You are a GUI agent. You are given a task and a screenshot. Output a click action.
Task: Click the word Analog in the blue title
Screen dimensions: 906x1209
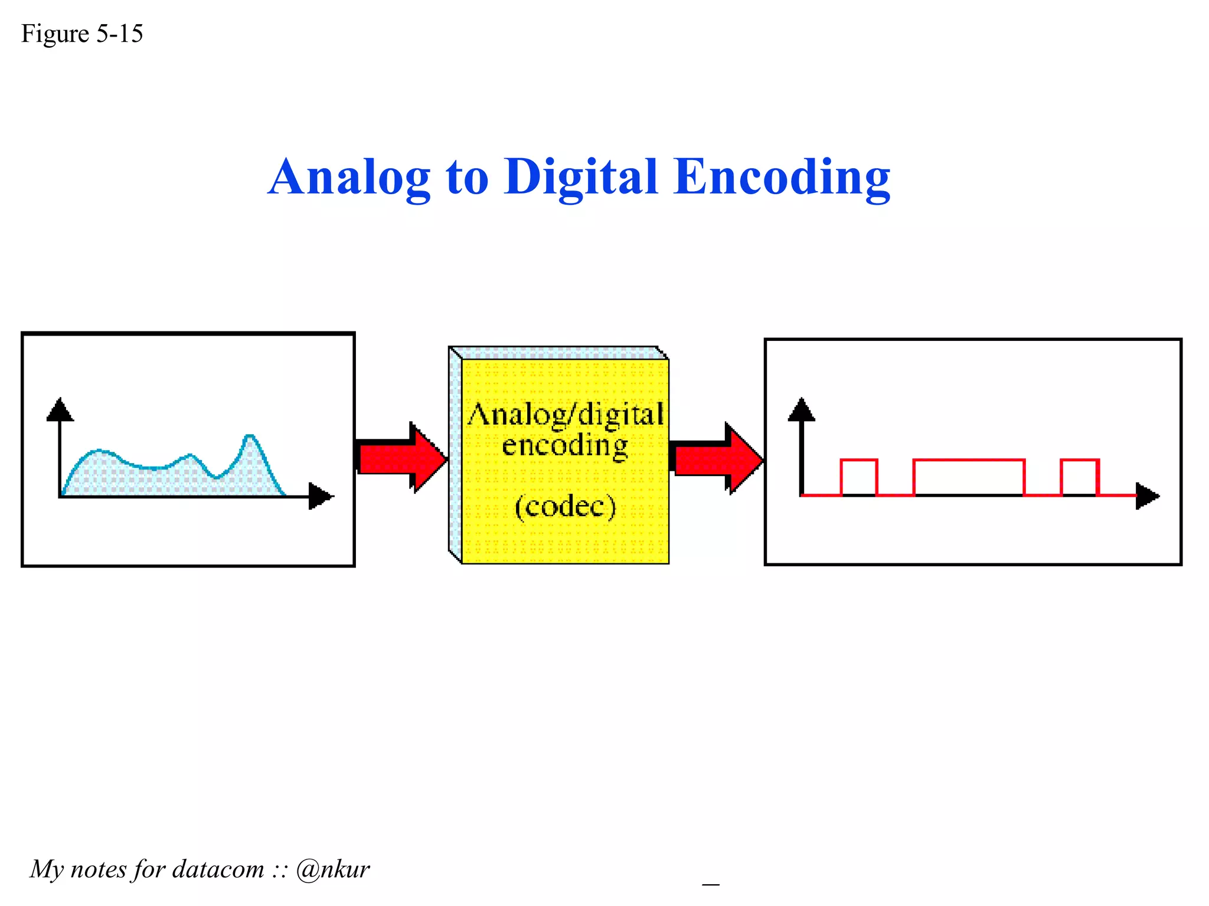click(349, 178)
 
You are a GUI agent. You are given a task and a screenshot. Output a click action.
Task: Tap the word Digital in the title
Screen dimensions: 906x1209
click(581, 178)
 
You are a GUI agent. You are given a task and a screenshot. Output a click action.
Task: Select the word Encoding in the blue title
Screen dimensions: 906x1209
click(782, 178)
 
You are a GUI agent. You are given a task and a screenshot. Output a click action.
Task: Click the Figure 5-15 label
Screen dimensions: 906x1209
click(82, 34)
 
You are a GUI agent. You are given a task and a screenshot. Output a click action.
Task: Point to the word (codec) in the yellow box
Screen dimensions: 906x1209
click(565, 506)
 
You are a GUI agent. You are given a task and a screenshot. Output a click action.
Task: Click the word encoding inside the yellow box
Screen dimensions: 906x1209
click(565, 445)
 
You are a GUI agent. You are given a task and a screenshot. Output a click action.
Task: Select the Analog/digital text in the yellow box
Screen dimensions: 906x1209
click(566, 415)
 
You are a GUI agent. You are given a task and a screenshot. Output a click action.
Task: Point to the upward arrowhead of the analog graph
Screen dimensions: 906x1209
click(60, 409)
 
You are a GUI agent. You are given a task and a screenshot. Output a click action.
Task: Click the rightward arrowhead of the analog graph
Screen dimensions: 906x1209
click(321, 496)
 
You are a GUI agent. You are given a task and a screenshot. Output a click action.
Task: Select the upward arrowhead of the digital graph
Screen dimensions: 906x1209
click(801, 409)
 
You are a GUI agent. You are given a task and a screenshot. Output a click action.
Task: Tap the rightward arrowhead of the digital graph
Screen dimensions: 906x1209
click(1148, 496)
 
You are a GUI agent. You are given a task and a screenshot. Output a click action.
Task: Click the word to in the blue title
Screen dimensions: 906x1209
click(467, 178)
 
